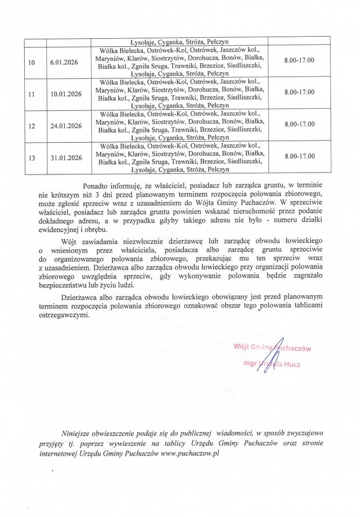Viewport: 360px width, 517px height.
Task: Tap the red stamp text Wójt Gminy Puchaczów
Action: point(272,347)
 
